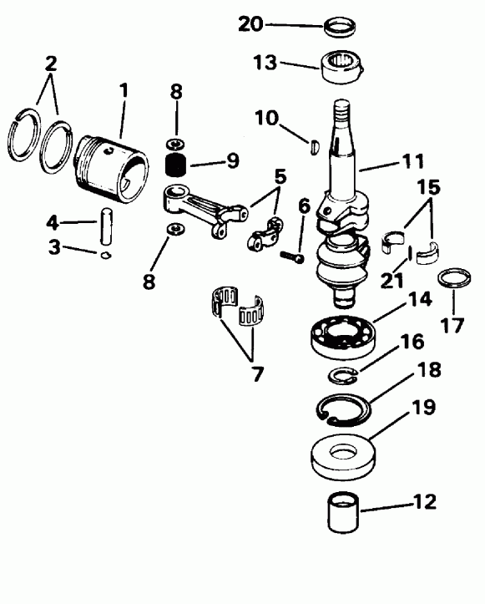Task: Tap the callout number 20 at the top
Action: point(250,24)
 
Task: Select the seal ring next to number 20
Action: point(339,28)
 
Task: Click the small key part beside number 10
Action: point(313,145)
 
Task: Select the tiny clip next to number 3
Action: point(104,256)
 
